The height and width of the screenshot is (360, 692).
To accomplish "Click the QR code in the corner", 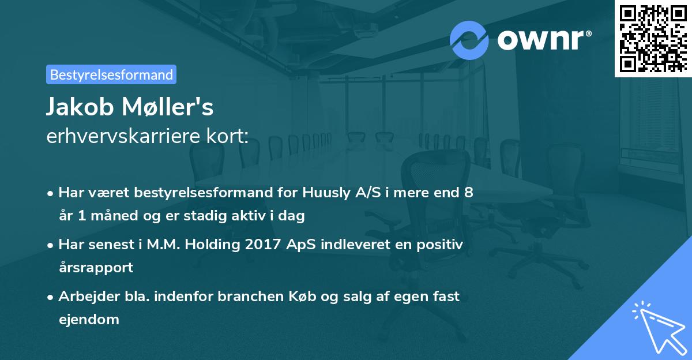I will [652, 38].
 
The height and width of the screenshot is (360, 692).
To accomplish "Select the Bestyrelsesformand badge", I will [111, 74].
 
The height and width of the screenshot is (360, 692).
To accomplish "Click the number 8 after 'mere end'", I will [469, 193].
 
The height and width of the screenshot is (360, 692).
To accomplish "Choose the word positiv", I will [439, 245].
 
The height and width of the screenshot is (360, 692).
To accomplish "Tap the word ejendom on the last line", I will [89, 319].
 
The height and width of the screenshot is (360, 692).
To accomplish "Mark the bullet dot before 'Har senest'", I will [51, 245].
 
